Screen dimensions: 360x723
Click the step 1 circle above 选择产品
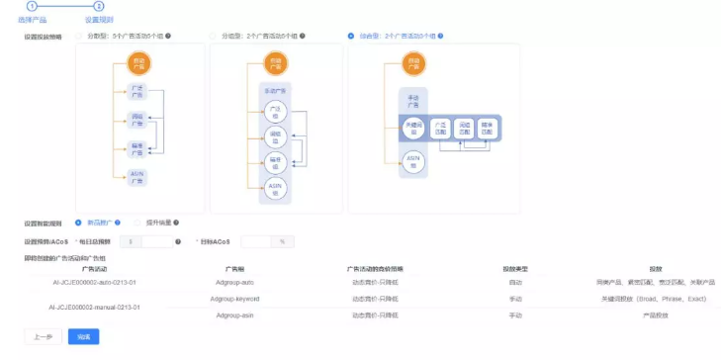click(x=32, y=7)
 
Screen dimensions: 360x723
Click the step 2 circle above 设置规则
click(x=98, y=7)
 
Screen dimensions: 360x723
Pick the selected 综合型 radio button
click(x=352, y=37)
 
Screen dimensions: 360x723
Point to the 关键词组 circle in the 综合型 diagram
click(x=414, y=127)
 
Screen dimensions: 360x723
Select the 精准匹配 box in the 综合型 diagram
click(x=486, y=127)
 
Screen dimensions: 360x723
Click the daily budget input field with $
click(x=156, y=240)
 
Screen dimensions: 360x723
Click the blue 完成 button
click(x=83, y=337)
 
